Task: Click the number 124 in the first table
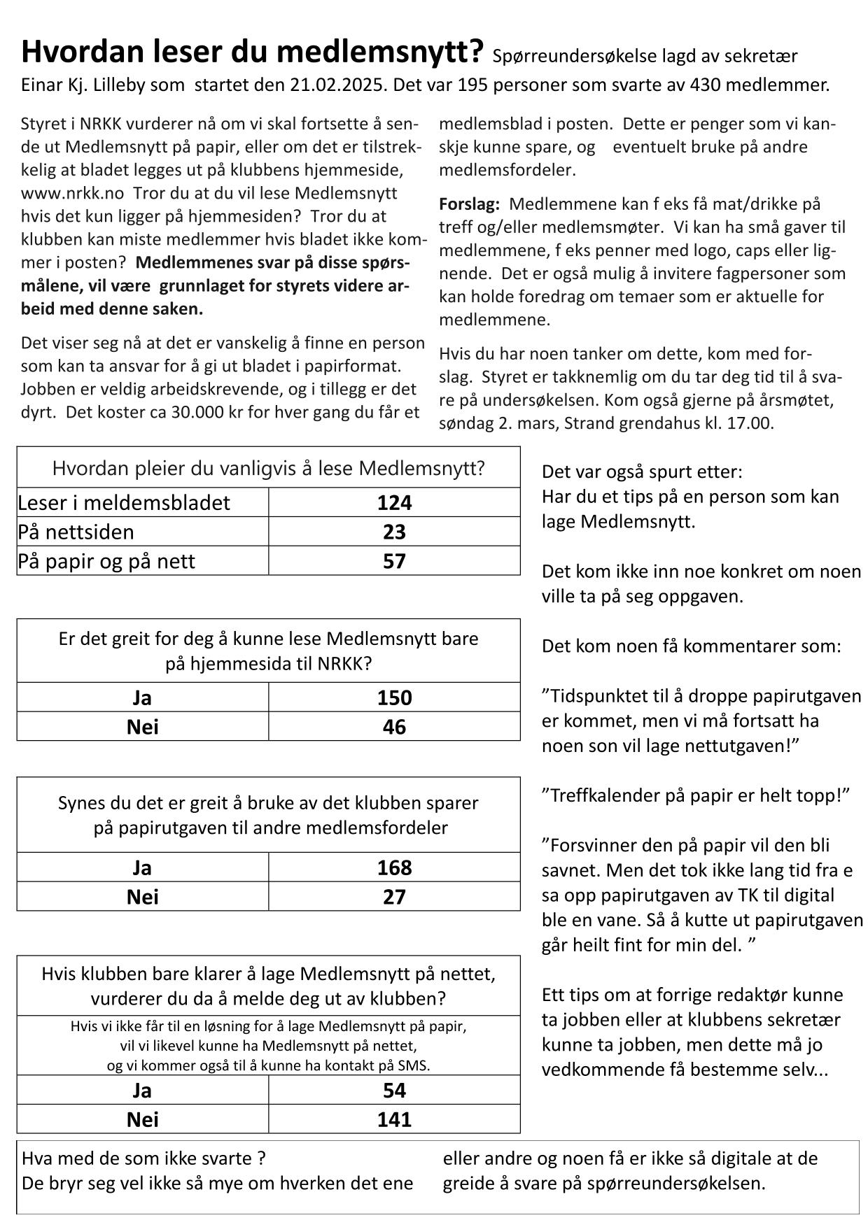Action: (394, 502)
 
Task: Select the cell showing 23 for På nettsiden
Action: (394, 532)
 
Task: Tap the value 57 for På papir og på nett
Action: (394, 561)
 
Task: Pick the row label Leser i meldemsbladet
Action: (124, 502)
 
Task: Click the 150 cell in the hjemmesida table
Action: (394, 697)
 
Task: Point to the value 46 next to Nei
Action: (394, 727)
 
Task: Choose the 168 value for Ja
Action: (394, 867)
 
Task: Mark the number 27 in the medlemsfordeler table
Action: (394, 897)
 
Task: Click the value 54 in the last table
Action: (394, 1090)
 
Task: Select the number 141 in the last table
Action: (394, 1119)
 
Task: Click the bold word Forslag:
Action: (469, 204)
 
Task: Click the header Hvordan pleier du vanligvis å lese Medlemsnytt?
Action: (268, 468)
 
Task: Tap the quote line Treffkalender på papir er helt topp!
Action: (696, 795)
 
